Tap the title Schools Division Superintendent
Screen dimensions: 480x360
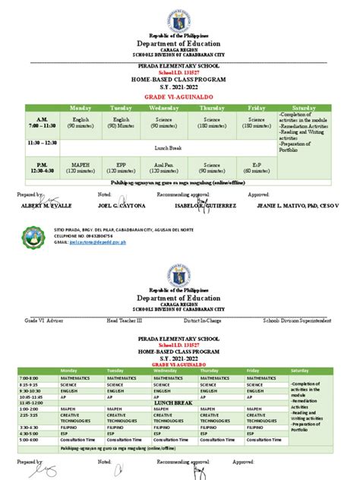(x=296, y=320)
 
